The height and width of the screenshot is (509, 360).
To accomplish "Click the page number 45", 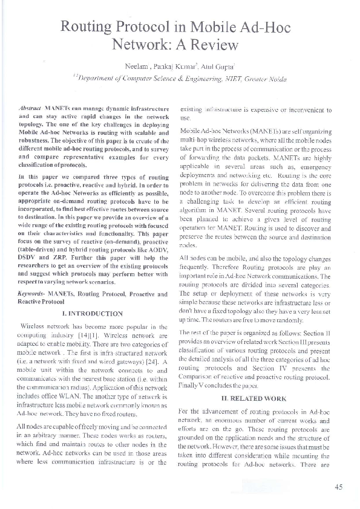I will (x=338, y=487).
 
